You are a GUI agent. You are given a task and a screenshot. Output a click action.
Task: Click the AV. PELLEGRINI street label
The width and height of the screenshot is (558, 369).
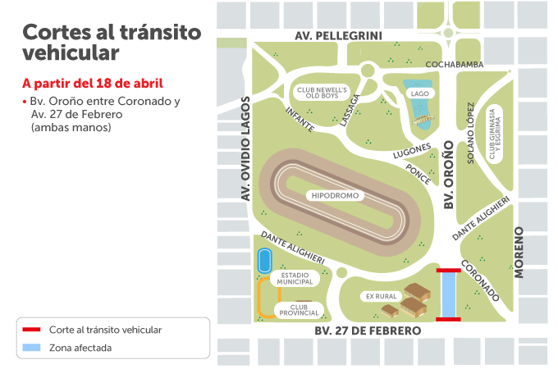coord(339,36)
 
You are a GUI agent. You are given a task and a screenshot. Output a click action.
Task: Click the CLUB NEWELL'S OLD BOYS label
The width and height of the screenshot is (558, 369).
coord(322,93)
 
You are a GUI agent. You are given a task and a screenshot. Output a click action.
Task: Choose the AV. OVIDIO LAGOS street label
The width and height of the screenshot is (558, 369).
coord(245,148)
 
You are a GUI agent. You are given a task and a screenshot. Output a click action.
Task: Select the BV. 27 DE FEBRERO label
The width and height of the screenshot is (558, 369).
coord(368,330)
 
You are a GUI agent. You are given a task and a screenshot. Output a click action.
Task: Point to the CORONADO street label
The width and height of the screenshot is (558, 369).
coord(479,280)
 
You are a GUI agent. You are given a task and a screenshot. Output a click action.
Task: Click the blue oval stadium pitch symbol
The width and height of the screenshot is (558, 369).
coord(264,262)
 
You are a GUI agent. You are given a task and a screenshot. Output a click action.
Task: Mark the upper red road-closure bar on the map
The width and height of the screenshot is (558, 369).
coord(448,269)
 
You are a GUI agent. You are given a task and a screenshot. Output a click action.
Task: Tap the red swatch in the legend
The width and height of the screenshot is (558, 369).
coord(30,330)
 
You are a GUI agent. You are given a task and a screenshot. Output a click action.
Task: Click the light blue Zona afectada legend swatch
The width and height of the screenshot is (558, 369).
coord(30,348)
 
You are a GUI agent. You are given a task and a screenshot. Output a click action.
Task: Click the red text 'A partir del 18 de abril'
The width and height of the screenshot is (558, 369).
coord(92,83)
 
